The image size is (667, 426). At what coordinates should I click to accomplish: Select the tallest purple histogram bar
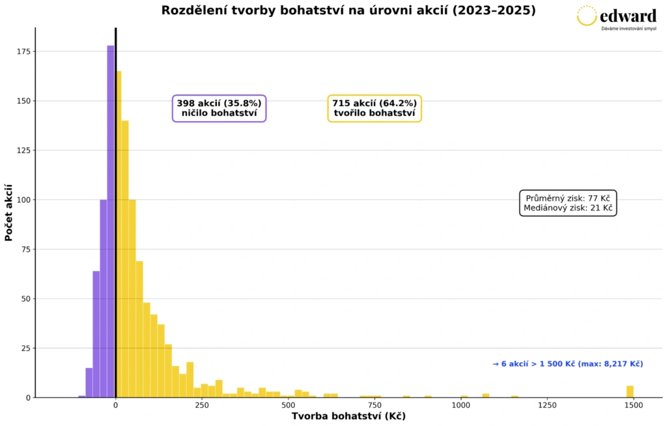pyautogui.click(x=111, y=221)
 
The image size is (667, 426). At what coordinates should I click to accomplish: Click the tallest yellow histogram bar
pyautogui.click(x=119, y=234)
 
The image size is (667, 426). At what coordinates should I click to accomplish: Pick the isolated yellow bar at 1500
pyautogui.click(x=630, y=391)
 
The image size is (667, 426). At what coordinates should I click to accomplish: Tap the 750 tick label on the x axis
pyautogui.click(x=374, y=405)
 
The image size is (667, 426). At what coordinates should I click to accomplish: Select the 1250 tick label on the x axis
pyautogui.click(x=546, y=405)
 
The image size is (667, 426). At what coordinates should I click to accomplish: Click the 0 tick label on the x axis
pyautogui.click(x=115, y=405)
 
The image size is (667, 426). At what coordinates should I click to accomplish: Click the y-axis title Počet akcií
pyautogui.click(x=8, y=212)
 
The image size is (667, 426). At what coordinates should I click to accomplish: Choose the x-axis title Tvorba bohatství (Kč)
pyautogui.click(x=348, y=417)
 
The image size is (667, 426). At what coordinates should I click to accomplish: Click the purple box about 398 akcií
pyautogui.click(x=219, y=108)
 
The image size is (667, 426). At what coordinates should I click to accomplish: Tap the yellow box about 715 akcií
pyautogui.click(x=375, y=108)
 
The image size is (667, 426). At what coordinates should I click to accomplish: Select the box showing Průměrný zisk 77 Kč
pyautogui.click(x=568, y=203)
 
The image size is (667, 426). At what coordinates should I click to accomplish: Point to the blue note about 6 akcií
pyautogui.click(x=568, y=364)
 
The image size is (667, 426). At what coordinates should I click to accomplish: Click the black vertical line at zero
pyautogui.click(x=115, y=195)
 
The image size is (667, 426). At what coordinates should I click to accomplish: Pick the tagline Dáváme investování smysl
pyautogui.click(x=629, y=29)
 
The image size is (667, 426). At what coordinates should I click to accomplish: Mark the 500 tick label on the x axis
pyautogui.click(x=288, y=405)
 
